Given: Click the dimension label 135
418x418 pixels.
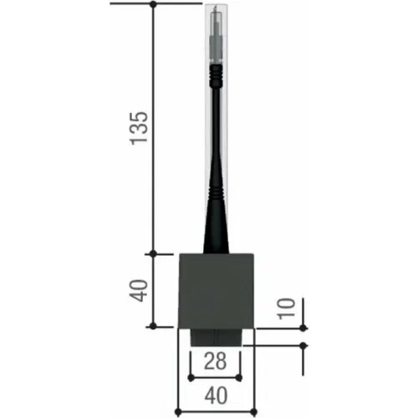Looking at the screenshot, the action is click(x=139, y=128).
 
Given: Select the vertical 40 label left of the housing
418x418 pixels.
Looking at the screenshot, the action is click(x=139, y=290).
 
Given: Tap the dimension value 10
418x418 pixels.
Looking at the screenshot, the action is click(x=286, y=308).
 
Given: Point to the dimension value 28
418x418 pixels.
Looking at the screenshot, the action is click(x=215, y=361).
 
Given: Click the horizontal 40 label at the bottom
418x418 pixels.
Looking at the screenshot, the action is click(x=216, y=395).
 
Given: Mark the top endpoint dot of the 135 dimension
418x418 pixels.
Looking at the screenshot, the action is click(x=153, y=4).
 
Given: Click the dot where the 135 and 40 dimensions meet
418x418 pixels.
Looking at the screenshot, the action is click(x=153, y=253).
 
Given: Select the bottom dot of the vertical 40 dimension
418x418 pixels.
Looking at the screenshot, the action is click(x=153, y=326).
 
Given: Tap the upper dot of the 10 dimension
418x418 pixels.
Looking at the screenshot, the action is click(x=303, y=328).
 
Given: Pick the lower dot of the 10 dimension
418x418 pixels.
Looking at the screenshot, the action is click(x=303, y=346).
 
